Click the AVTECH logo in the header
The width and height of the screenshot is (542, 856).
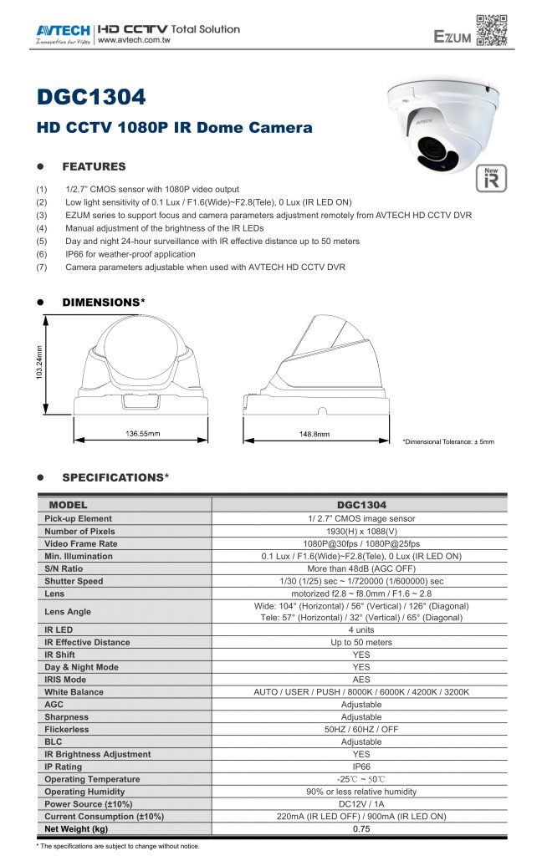[64, 32]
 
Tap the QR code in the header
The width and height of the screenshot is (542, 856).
[491, 30]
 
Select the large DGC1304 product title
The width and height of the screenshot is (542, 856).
[92, 97]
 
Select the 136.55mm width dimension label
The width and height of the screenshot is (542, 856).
[142, 434]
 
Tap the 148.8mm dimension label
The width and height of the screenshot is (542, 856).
[314, 434]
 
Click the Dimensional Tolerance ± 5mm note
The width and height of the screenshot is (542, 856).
[448, 441]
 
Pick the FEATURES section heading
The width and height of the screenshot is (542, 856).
[94, 166]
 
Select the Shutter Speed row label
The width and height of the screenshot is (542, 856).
[74, 581]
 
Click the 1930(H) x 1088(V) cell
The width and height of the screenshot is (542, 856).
[360, 531]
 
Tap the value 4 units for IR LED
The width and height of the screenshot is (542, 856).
[360, 629]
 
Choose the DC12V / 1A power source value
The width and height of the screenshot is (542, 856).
[360, 803]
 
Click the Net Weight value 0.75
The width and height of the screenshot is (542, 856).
[360, 828]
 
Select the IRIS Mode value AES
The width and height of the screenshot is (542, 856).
[360, 680]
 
